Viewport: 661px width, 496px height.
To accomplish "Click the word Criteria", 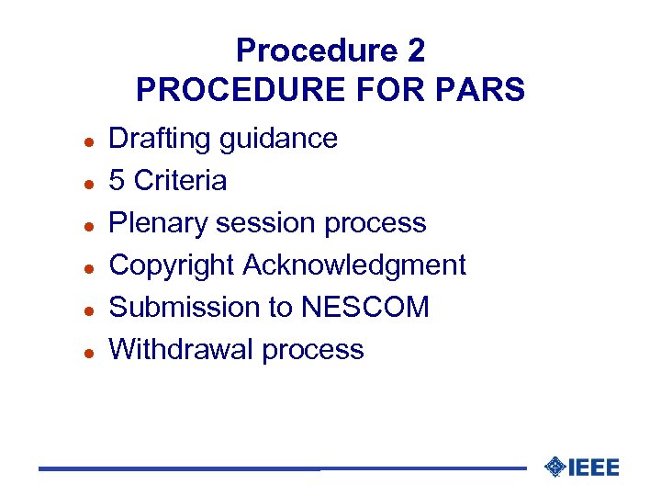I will pos(180,181).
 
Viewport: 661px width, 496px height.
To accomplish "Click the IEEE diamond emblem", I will pos(555,467).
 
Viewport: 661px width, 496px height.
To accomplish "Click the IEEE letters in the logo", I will pos(594,468).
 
